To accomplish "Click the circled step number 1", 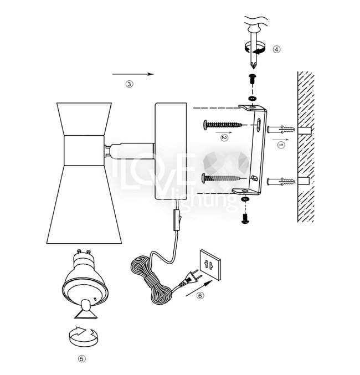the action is click(x=281, y=145).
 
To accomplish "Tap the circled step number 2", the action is click(x=224, y=138).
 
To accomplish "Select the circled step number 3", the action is click(x=129, y=84).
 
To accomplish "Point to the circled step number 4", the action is click(x=276, y=49).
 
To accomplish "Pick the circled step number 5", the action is click(x=81, y=359).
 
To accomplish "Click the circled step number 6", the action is click(x=200, y=296).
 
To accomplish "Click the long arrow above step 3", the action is click(x=133, y=74).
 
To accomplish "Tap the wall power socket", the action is click(x=210, y=265).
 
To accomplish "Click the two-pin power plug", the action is click(x=191, y=278).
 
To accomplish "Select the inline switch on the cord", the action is click(x=177, y=220).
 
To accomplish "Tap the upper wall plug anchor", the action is click(x=281, y=130).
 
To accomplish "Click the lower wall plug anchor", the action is click(x=281, y=182).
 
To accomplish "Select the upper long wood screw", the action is click(x=223, y=125).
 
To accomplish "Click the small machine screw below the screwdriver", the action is click(x=252, y=79).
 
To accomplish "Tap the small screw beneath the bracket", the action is click(x=245, y=218).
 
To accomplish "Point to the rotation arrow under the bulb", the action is click(x=83, y=336).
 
